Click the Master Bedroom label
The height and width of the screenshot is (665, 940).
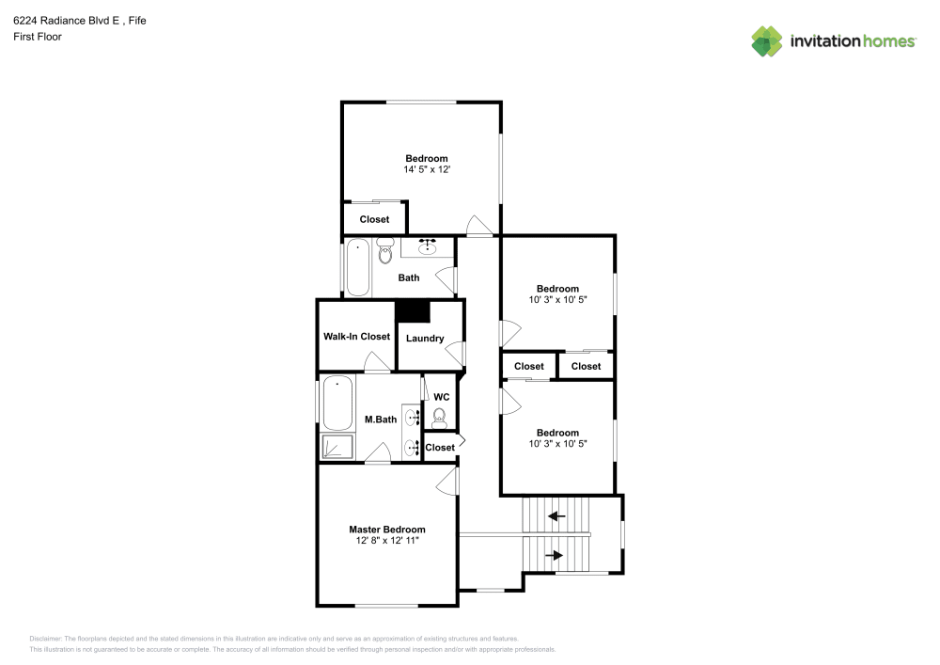[x=386, y=529]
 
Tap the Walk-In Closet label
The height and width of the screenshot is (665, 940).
[x=356, y=336]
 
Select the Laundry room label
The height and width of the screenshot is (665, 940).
[x=425, y=338]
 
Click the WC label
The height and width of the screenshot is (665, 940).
[x=441, y=397]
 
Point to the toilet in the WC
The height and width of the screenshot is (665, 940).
[x=439, y=415]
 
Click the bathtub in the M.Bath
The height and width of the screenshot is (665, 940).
[x=337, y=403]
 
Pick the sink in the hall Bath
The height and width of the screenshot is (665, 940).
[x=428, y=247]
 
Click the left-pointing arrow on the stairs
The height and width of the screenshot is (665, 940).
[x=557, y=515]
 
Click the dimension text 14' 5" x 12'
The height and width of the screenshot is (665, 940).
[x=426, y=169]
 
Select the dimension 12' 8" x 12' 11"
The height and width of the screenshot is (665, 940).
[x=386, y=541]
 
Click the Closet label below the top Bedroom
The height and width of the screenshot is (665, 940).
[x=374, y=219]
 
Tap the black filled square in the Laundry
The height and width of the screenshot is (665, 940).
[x=413, y=311]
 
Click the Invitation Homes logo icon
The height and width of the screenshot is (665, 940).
[x=766, y=40]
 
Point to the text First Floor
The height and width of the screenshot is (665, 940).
[x=37, y=37]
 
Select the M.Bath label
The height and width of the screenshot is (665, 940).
[x=380, y=419]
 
